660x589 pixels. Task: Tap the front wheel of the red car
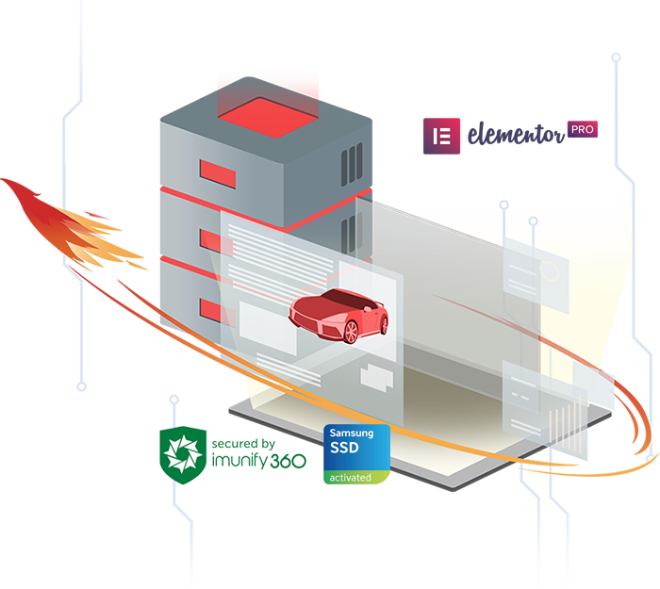click(351, 331)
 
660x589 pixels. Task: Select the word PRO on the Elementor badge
click(582, 130)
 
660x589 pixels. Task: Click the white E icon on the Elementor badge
click(439, 137)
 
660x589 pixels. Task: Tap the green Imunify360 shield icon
click(181, 455)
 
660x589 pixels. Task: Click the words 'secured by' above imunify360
click(243, 443)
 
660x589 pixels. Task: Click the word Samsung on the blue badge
click(351, 434)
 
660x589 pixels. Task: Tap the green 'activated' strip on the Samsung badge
click(356, 478)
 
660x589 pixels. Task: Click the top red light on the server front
click(217, 173)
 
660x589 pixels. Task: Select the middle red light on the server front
click(216, 242)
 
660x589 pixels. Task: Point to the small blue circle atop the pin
click(534, 223)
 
